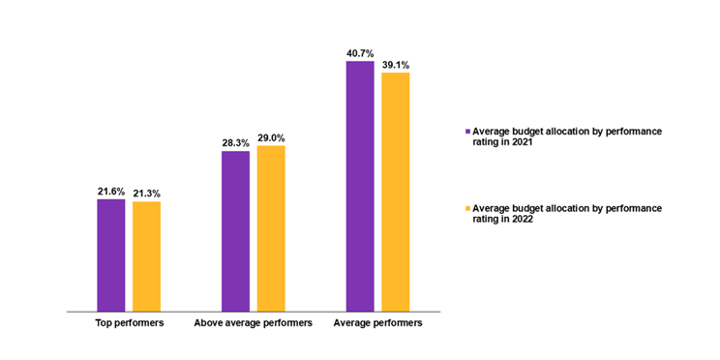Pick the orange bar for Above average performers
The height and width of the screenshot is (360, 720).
271,228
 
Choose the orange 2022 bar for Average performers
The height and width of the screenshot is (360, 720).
396,192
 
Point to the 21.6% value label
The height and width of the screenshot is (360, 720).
111,192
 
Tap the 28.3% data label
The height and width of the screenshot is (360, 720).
235,143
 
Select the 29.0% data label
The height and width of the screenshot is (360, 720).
272,138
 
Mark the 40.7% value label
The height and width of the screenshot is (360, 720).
360,53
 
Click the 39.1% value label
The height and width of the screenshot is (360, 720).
397,65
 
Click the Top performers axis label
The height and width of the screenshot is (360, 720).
129,323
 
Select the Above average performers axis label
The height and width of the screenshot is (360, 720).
253,323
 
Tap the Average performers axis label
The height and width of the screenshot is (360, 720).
377,323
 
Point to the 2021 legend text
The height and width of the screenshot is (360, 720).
566,135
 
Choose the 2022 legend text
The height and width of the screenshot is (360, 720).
566,213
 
